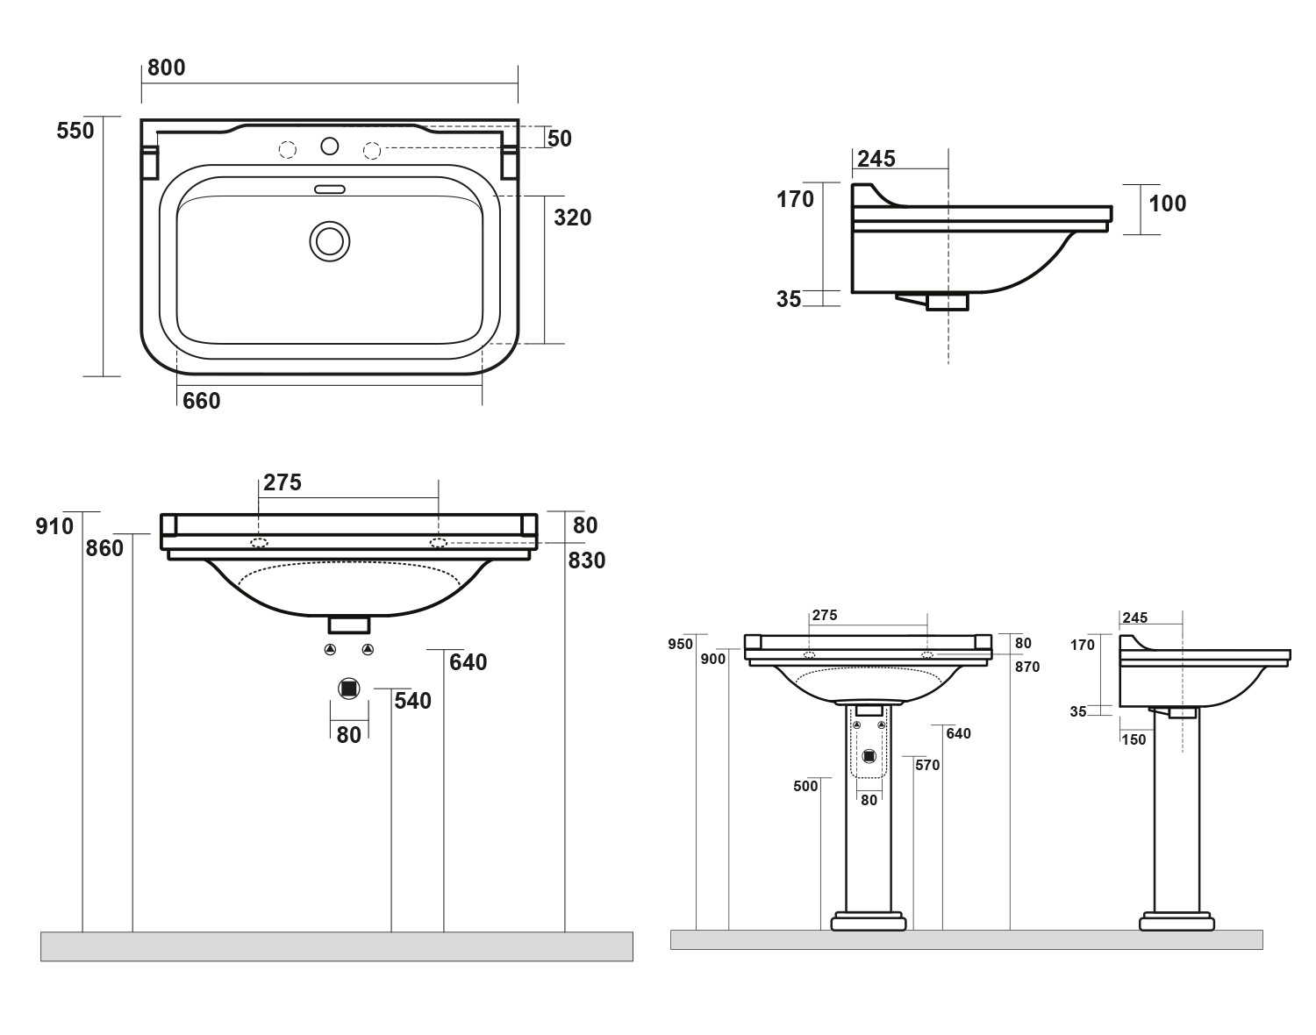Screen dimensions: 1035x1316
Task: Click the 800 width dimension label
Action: pos(166,68)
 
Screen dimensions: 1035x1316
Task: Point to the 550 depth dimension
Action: pos(75,132)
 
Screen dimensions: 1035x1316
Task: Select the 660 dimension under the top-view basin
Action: pos(201,401)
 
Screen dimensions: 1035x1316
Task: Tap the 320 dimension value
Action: pos(572,218)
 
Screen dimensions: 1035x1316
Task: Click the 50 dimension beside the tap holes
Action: pos(559,139)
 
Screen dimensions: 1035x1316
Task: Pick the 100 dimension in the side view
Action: pos(1167,203)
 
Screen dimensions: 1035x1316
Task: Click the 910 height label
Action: pos(54,526)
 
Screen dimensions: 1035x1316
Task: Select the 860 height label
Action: pos(104,548)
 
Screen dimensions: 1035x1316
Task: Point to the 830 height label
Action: pos(586,560)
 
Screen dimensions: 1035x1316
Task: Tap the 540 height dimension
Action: pos(412,701)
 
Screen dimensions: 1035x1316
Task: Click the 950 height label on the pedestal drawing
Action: pos(680,645)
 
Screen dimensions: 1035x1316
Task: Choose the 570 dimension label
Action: pos(926,766)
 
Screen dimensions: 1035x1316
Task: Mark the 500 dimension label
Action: pos(805,786)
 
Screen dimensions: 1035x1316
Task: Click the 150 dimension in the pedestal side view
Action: pos(1134,739)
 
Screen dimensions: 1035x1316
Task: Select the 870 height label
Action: pos(1026,667)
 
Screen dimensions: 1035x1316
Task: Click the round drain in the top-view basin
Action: pos(330,240)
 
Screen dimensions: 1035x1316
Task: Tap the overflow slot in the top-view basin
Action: pos(330,188)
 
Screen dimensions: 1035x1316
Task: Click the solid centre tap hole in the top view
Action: pos(331,146)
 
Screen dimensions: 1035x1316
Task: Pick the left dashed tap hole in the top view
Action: pos(288,150)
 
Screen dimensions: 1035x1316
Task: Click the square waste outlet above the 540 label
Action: pos(349,689)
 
